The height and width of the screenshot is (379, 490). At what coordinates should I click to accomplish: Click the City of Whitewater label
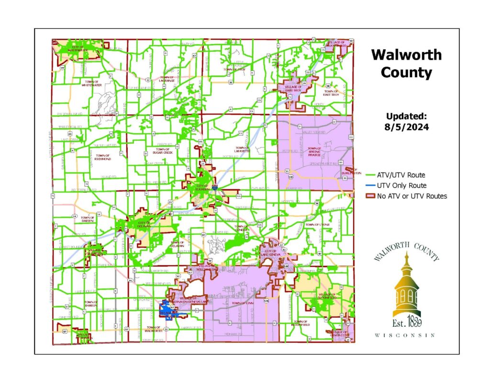[x=77, y=48]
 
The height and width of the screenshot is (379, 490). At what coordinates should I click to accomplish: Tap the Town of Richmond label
[x=103, y=157]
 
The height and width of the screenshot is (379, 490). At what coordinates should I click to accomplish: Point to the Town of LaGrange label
[x=167, y=79]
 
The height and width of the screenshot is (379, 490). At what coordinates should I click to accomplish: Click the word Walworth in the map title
[x=406, y=55]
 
